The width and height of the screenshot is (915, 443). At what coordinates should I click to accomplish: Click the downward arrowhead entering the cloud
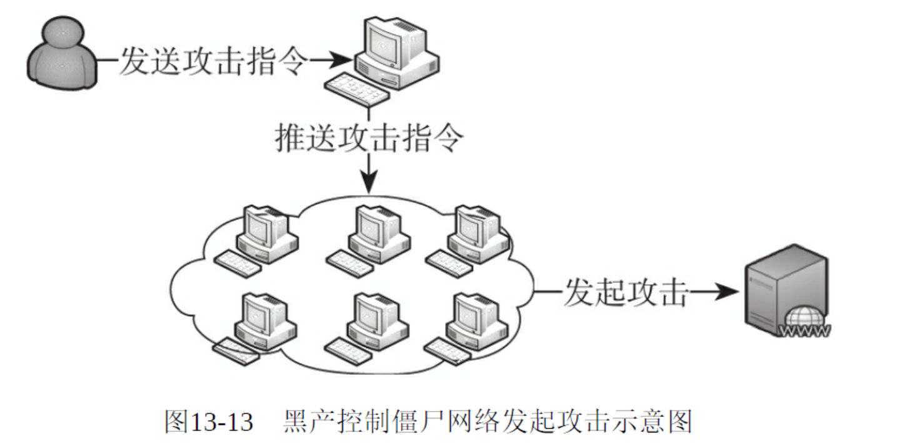[369, 185]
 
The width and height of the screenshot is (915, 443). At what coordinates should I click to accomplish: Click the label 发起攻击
[625, 291]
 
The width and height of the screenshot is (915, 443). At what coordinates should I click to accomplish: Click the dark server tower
[784, 284]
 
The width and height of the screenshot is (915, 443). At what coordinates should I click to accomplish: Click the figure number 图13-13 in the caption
[209, 422]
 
